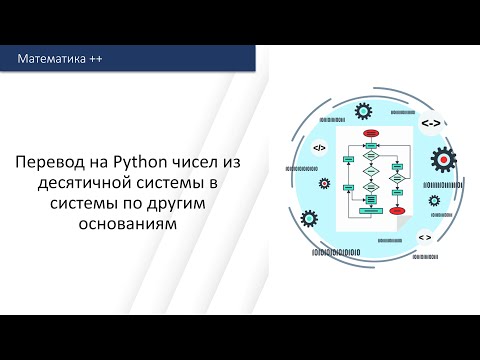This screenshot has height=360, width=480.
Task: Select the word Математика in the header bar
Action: (x=52, y=60)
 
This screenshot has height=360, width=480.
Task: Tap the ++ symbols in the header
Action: (x=95, y=60)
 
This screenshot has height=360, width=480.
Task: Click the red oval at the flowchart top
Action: (x=370, y=132)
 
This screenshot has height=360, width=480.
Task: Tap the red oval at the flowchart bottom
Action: (x=397, y=211)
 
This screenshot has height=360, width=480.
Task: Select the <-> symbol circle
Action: (x=428, y=123)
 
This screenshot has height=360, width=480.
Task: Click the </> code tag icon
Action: (x=319, y=148)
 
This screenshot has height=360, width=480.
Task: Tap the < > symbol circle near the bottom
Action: (x=425, y=237)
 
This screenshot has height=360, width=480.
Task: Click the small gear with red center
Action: (x=323, y=184)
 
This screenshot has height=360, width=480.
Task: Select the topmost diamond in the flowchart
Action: (x=370, y=147)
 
